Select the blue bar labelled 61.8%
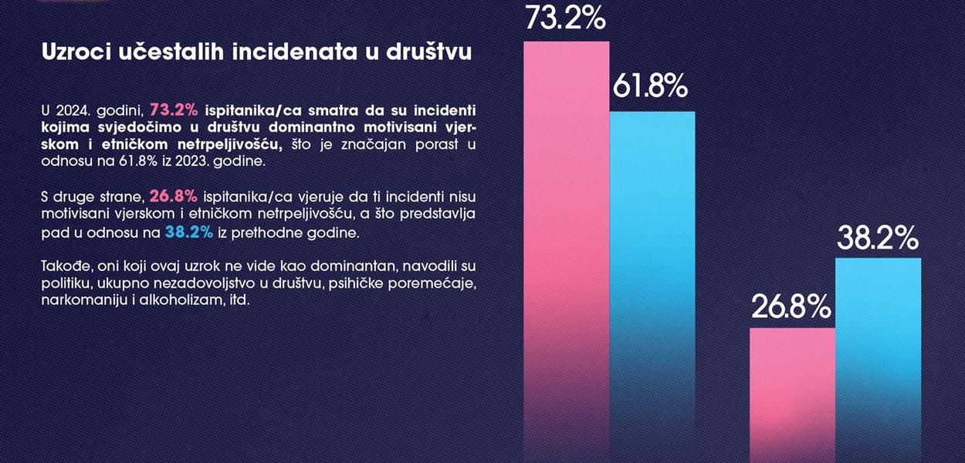(652, 278)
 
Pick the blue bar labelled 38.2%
(879, 355)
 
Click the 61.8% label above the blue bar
(650, 87)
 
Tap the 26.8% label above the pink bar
(791, 307)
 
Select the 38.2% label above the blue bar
(878, 238)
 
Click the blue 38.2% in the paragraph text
(189, 231)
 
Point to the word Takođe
(64, 266)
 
